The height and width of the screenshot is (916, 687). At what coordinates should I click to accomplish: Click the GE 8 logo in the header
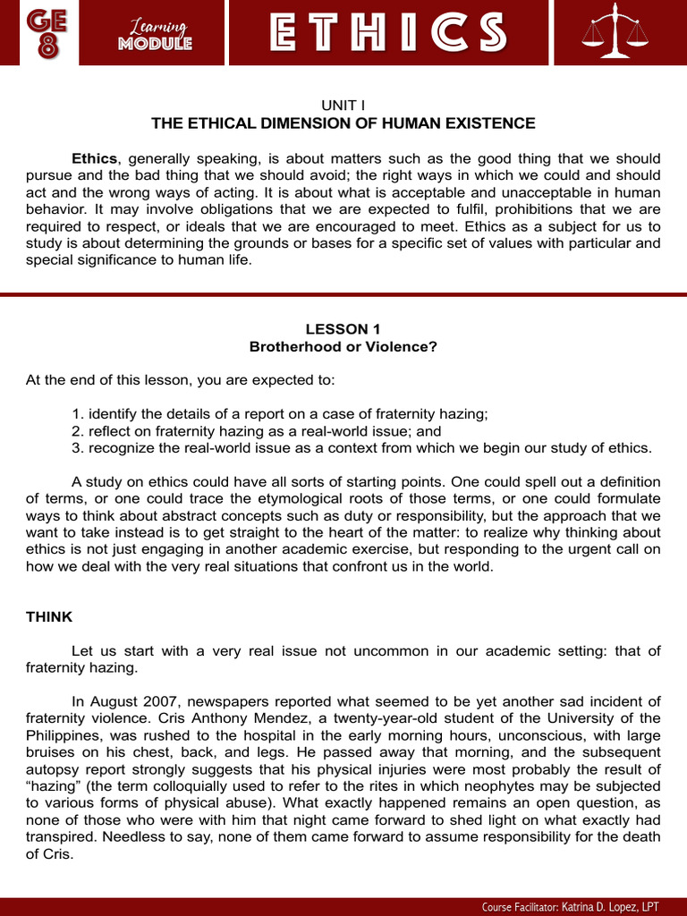pyautogui.click(x=43, y=32)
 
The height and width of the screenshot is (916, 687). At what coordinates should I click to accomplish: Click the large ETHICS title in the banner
pyautogui.click(x=388, y=33)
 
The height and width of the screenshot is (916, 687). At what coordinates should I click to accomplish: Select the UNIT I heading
pyautogui.click(x=343, y=105)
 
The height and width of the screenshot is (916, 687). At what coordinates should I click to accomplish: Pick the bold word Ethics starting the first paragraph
pyautogui.click(x=94, y=158)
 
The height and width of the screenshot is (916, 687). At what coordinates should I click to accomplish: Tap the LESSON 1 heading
pyautogui.click(x=343, y=328)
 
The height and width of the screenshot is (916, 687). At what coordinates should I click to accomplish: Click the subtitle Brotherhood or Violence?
pyautogui.click(x=343, y=346)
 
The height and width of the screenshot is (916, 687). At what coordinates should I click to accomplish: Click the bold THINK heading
pyautogui.click(x=49, y=617)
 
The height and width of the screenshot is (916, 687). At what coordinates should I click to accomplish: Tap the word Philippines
pyautogui.click(x=63, y=735)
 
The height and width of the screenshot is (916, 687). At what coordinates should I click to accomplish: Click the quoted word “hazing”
pyautogui.click(x=52, y=786)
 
